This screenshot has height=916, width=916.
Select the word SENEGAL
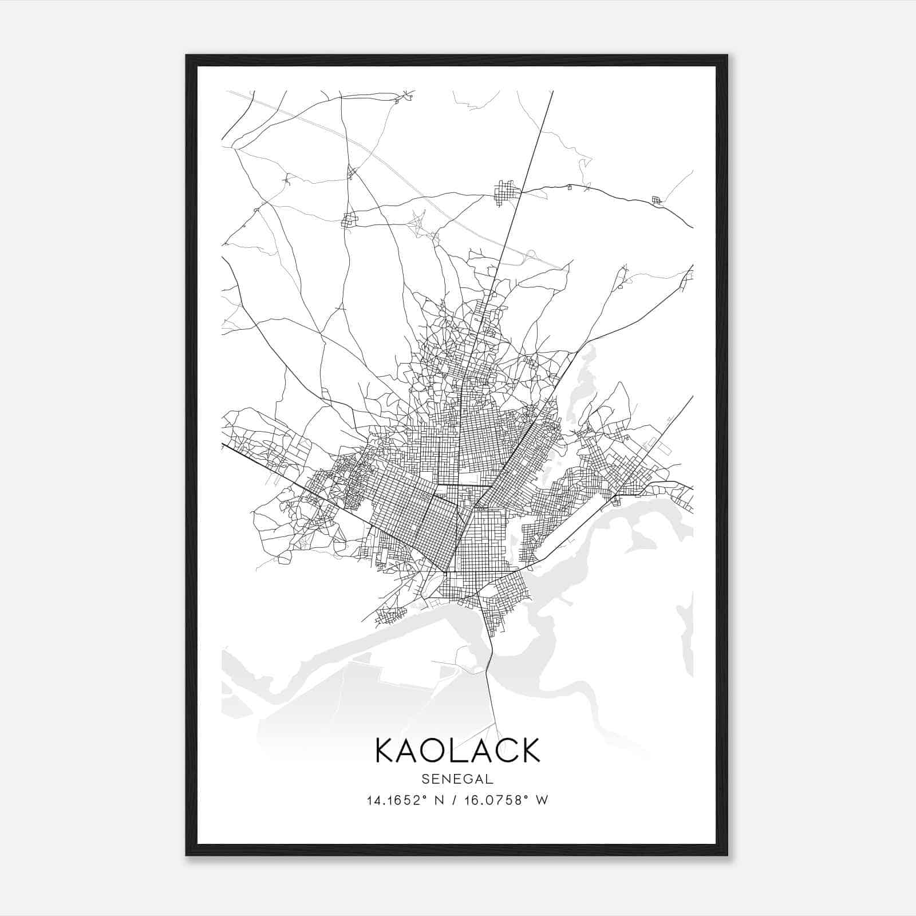[457, 779]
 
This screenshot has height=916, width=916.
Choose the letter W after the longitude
[542, 800]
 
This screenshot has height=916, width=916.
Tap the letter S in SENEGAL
[425, 779]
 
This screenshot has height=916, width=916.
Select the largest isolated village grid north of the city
[507, 192]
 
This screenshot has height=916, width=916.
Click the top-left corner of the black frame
[187, 56]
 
